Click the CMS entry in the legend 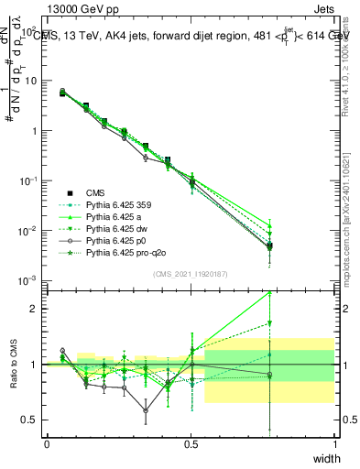96,192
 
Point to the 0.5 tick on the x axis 191,443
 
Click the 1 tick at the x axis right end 335,443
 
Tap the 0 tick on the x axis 47,443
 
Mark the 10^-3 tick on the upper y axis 30,279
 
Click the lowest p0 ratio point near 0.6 146,409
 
